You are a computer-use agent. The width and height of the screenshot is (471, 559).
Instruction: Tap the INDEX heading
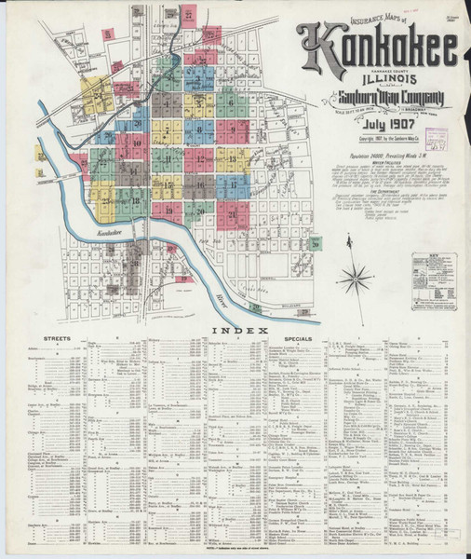click(x=239, y=331)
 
